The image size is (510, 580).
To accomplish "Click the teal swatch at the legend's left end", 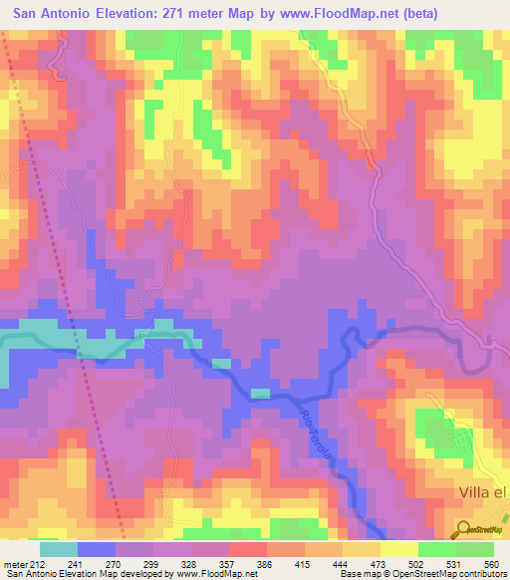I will pos(58,549).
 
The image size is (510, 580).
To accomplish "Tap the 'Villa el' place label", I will pos(482,492).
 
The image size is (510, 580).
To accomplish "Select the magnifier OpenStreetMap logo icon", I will pos(463,529).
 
